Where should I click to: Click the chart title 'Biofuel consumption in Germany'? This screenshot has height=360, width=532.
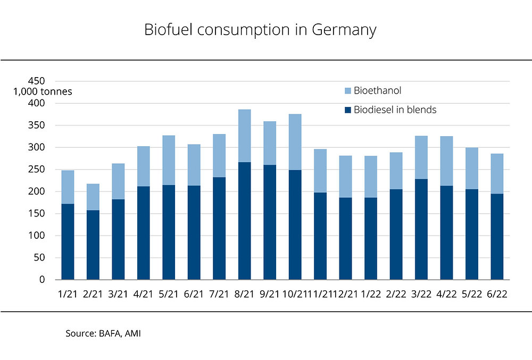pyautogui.click(x=260, y=30)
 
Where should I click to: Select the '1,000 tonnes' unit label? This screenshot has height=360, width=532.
pyautogui.click(x=43, y=91)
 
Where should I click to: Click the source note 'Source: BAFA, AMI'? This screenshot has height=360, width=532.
pyautogui.click(x=103, y=333)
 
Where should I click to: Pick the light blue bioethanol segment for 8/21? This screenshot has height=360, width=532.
pyautogui.click(x=244, y=136)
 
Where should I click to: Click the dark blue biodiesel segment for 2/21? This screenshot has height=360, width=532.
pyautogui.click(x=93, y=245)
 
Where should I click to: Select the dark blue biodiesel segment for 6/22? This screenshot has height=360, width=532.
pyautogui.click(x=497, y=237)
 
